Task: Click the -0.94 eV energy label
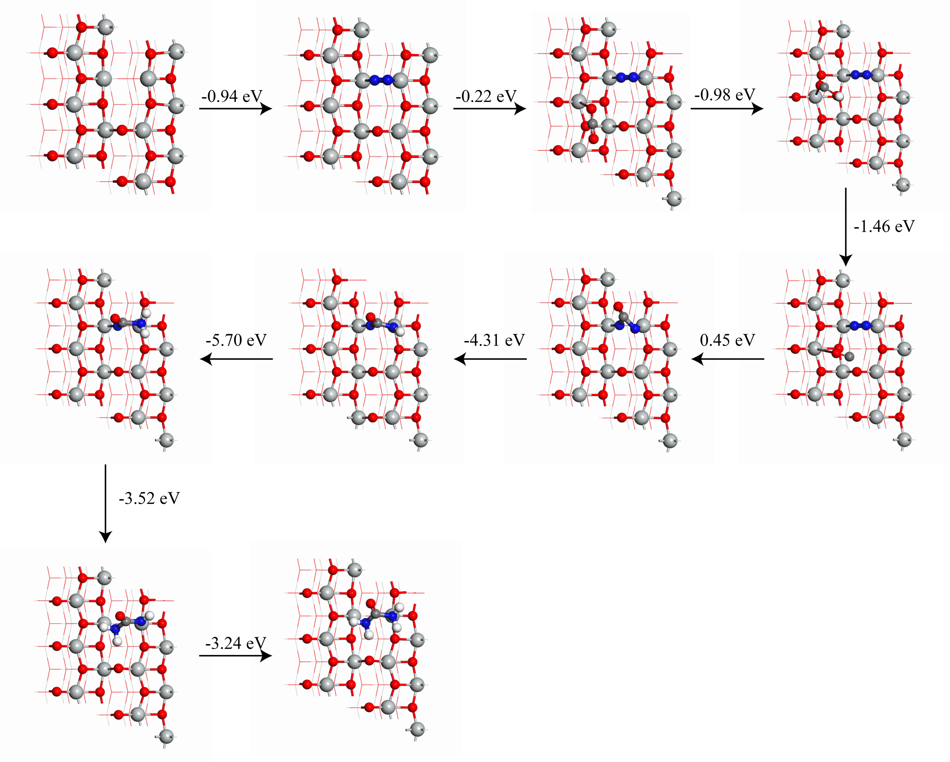(x=232, y=96)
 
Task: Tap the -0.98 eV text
(x=725, y=94)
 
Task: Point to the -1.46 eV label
(x=884, y=226)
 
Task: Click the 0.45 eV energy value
(x=727, y=340)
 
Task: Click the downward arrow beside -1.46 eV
(x=846, y=226)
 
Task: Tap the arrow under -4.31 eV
(x=490, y=359)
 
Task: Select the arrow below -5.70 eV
(x=237, y=359)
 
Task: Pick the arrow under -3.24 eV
(x=235, y=656)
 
